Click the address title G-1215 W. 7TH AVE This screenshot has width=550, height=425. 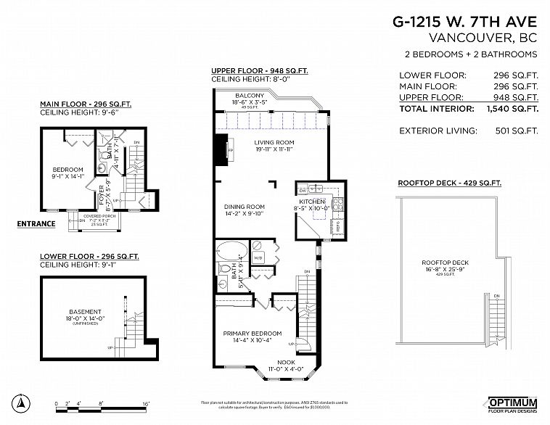click(x=465, y=22)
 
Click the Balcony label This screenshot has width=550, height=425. click(x=249, y=96)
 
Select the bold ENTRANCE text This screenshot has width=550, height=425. click(x=36, y=223)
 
